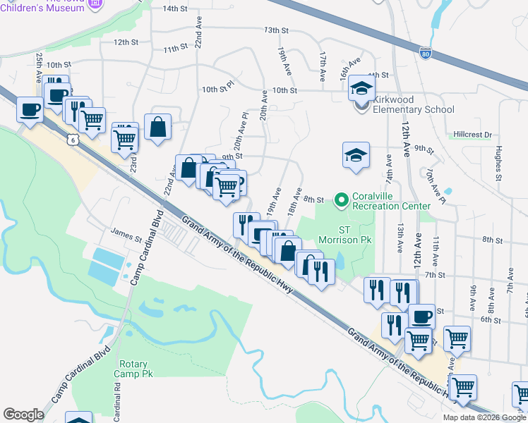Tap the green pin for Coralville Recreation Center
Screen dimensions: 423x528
click(342, 200)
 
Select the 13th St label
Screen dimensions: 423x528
click(277, 30)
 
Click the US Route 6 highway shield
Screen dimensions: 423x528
click(73, 140)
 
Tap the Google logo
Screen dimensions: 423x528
click(23, 415)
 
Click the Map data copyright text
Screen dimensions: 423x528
click(484, 417)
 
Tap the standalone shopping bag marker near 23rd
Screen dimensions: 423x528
click(158, 128)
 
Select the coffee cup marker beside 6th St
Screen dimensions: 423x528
click(421, 317)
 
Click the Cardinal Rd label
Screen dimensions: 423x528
click(116, 400)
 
